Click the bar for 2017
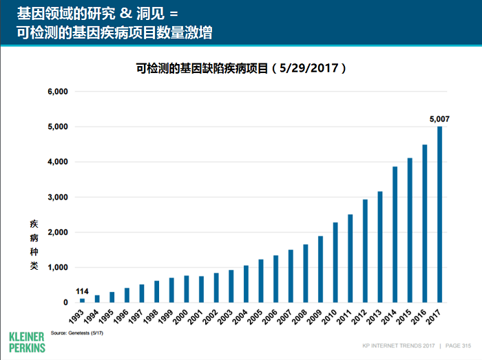(x=440, y=214)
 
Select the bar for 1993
(x=83, y=300)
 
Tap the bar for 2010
(x=335, y=262)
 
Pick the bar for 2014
(x=395, y=234)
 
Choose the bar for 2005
(x=261, y=281)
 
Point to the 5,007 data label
(x=439, y=119)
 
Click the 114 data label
(x=83, y=290)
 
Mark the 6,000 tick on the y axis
(x=57, y=92)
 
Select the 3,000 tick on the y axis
(x=57, y=197)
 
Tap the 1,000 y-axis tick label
(x=57, y=267)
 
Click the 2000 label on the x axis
(x=182, y=318)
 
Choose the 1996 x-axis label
(x=123, y=318)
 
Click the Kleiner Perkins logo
(x=27, y=342)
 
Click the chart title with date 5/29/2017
(x=241, y=69)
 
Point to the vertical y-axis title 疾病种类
(x=34, y=244)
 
